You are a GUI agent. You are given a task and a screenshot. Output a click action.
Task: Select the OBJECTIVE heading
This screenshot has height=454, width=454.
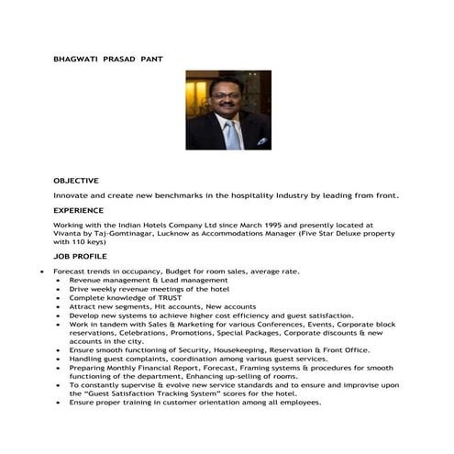[x=76, y=181]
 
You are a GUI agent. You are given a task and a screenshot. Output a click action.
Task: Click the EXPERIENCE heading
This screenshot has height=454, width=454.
[x=78, y=210]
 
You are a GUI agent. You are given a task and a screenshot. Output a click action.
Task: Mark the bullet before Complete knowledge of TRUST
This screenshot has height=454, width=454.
[x=60, y=298]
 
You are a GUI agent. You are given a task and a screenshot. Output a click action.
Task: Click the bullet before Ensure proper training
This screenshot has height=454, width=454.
[x=60, y=402]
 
